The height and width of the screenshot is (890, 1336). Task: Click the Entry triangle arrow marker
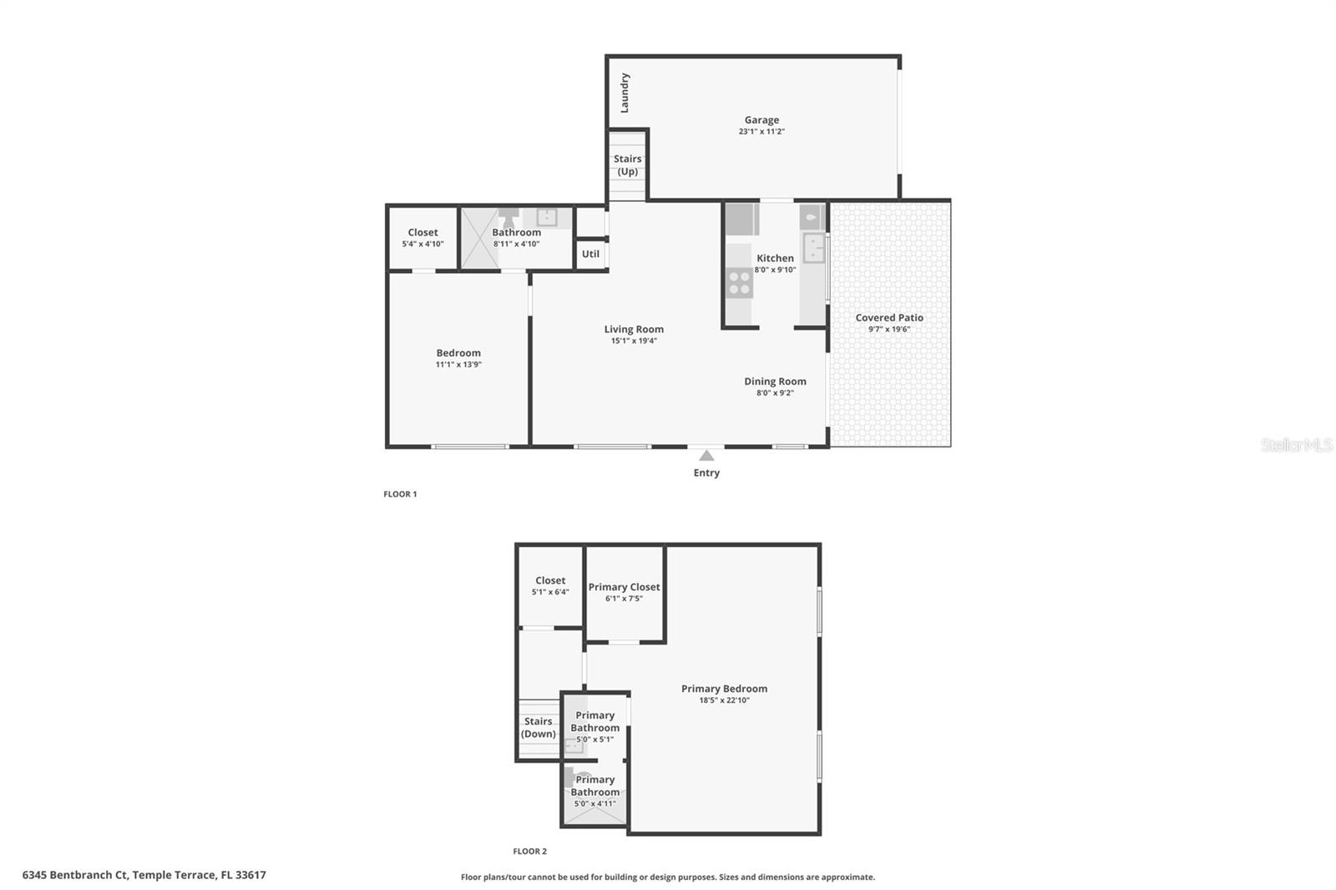[706, 455]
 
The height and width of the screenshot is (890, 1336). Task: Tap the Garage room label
[762, 120]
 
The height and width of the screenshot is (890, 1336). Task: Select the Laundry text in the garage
[625, 93]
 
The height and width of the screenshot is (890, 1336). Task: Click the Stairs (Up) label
[627, 164]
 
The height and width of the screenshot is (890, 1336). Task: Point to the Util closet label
[590, 254]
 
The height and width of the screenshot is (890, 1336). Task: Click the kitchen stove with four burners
[739, 283]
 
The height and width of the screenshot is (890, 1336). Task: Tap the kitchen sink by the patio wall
[812, 248]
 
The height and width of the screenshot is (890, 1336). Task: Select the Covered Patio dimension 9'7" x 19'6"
[888, 329]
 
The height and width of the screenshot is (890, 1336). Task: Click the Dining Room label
[775, 381]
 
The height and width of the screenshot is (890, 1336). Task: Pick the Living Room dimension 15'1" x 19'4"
[634, 341]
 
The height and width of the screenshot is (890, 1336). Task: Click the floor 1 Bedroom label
[458, 352]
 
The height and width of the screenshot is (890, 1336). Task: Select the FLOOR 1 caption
[400, 494]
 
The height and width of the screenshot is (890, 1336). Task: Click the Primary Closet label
[624, 587]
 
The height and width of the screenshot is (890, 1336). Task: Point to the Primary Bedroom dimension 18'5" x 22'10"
[724, 700]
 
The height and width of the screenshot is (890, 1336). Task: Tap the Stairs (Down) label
[539, 727]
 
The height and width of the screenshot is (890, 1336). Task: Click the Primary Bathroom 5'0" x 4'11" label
[595, 791]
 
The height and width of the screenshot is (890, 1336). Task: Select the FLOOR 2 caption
[529, 852]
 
